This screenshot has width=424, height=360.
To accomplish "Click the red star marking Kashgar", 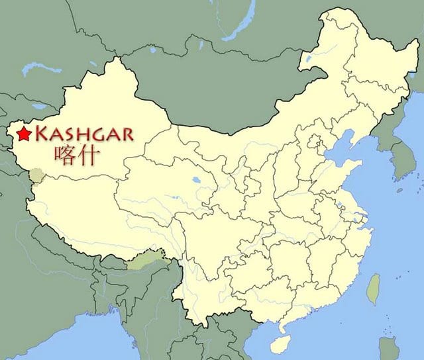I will click(25, 134).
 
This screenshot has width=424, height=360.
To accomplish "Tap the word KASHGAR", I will click(83, 134).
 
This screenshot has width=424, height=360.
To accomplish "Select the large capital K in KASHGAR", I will click(40, 134).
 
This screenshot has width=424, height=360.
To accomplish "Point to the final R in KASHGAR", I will click(126, 135).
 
